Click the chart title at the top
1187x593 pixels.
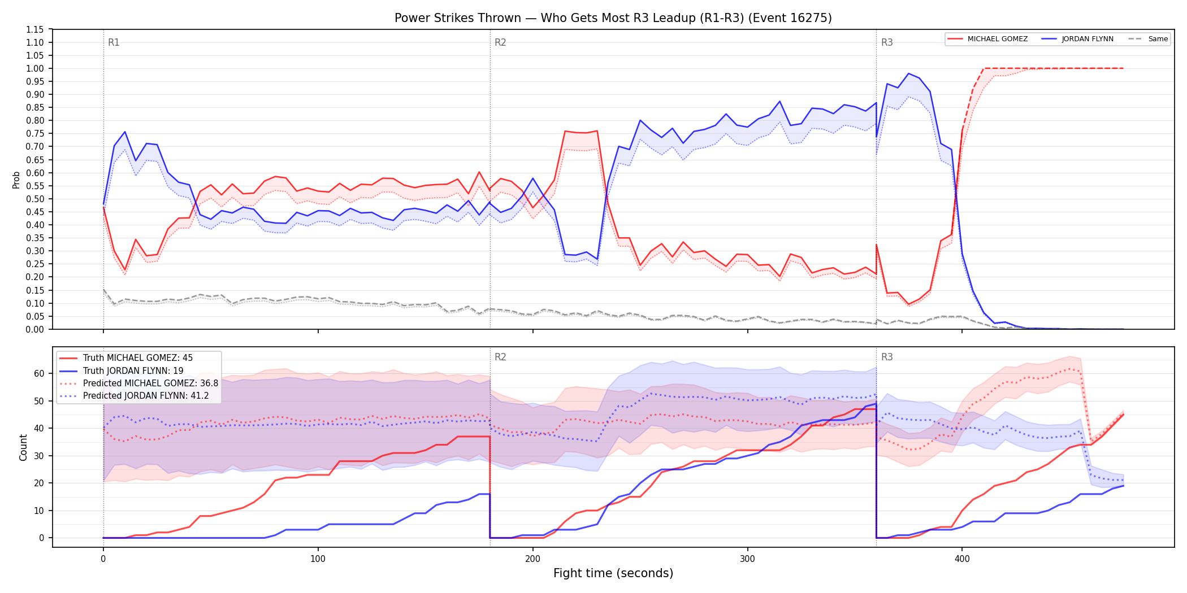coord(613,18)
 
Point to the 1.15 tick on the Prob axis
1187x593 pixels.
coord(34,29)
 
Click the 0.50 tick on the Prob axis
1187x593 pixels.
coord(34,199)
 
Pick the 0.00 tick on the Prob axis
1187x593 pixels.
coord(34,329)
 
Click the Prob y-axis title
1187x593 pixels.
coord(16,180)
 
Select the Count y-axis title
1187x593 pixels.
coord(23,447)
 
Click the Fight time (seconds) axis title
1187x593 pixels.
coord(613,573)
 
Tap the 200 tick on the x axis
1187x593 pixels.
coord(532,559)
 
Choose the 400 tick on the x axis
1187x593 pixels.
coord(962,559)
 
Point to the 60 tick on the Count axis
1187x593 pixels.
coord(39,373)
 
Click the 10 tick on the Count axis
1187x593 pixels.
coord(39,511)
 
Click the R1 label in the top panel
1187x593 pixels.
coord(114,42)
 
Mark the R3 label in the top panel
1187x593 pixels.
coord(887,42)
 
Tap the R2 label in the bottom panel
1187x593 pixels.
coord(500,357)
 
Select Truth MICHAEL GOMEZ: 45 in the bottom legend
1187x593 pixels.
coord(138,358)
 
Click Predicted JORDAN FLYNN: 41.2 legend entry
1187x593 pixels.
coord(146,396)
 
